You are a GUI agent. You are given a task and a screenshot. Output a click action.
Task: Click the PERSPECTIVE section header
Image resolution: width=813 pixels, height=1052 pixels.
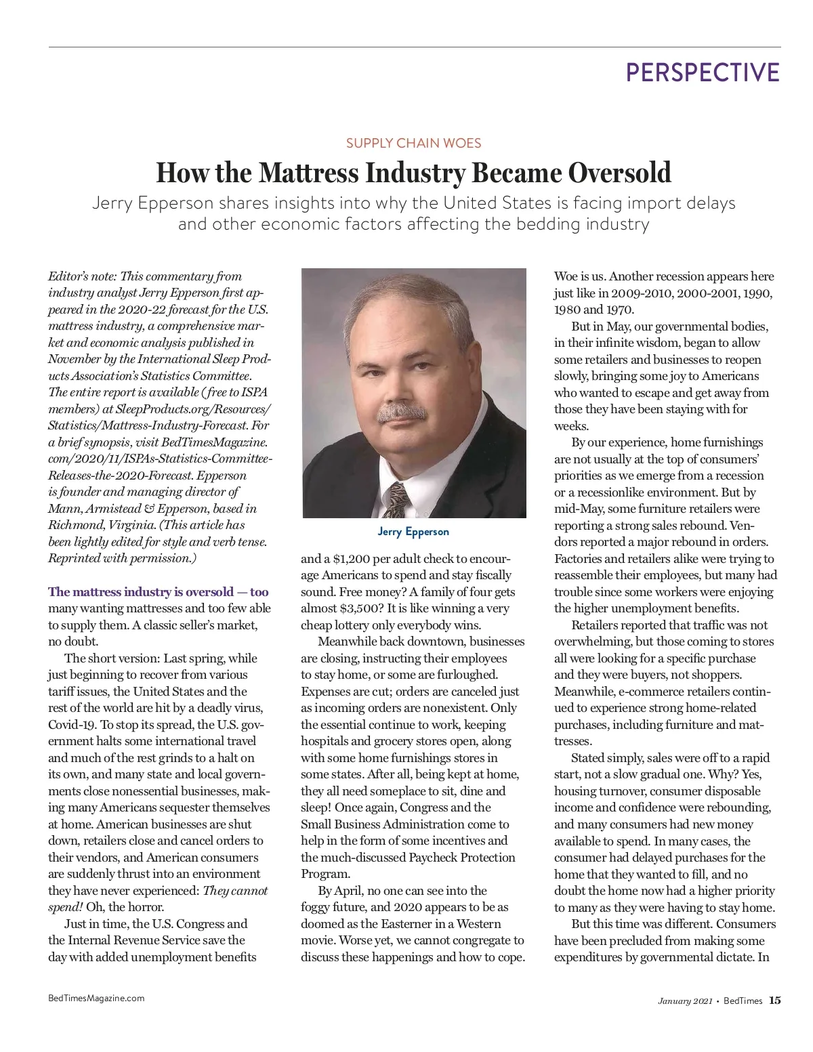pos(703,72)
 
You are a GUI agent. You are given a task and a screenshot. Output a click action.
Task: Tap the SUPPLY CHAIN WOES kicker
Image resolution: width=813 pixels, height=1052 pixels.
pos(413,143)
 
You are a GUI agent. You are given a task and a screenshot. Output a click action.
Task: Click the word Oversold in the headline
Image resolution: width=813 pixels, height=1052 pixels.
pos(619,173)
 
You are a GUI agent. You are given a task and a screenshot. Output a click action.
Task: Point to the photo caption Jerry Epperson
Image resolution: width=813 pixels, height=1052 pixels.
pos(413,532)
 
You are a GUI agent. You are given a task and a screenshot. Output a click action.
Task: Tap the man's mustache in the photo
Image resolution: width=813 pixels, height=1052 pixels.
pos(401,412)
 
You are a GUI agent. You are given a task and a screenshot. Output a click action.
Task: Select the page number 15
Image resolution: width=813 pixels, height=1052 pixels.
pos(774,1001)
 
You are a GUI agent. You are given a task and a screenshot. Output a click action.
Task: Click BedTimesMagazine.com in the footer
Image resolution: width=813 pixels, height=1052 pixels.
pos(96,998)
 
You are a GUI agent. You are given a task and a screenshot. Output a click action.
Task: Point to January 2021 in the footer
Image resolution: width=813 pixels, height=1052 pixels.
pos(684,1001)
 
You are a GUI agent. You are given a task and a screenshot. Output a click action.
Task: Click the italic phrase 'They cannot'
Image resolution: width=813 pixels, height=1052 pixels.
pos(235,891)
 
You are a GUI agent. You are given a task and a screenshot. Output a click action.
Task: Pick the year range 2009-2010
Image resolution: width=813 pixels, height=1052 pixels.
pos(643,293)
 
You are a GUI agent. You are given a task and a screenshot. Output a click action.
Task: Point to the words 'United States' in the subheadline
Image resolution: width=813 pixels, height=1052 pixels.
pos(505,203)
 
